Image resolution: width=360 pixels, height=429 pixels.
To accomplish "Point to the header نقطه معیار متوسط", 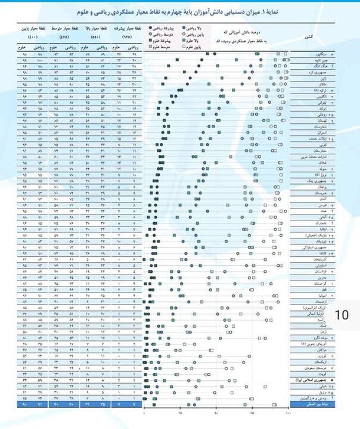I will (x=62, y=28).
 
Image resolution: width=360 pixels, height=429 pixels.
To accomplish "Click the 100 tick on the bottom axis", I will (x=288, y=412).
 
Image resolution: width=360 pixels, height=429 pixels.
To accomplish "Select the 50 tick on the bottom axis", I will (x=216, y=412).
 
